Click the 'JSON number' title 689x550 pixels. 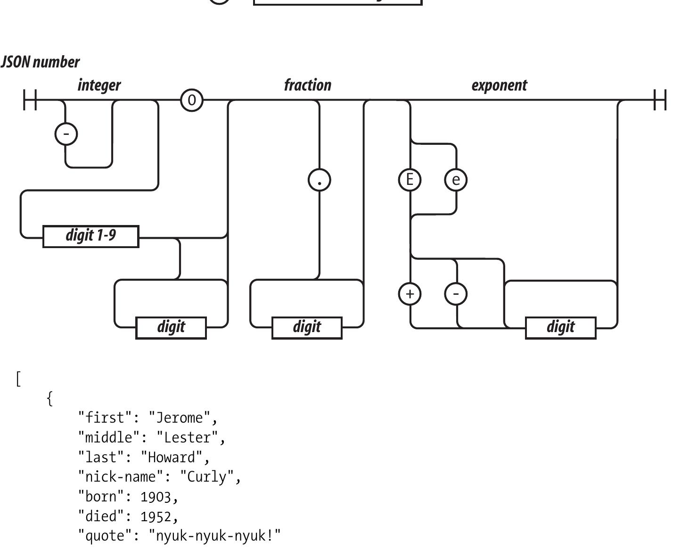(x=41, y=62)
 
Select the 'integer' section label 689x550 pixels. (x=99, y=85)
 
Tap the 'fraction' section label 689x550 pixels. (x=308, y=85)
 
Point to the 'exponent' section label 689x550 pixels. (x=499, y=85)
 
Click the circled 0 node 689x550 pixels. (x=192, y=100)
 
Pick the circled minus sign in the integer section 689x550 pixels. (x=66, y=134)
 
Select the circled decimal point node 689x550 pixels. (x=320, y=180)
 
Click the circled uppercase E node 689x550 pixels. (x=410, y=180)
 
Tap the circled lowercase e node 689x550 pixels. (x=456, y=180)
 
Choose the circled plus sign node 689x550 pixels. (x=410, y=293)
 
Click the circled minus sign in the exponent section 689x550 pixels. (x=456, y=293)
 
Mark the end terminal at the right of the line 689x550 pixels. (x=660, y=100)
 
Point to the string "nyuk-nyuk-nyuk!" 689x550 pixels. (x=215, y=536)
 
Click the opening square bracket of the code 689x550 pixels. (x=18, y=379)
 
